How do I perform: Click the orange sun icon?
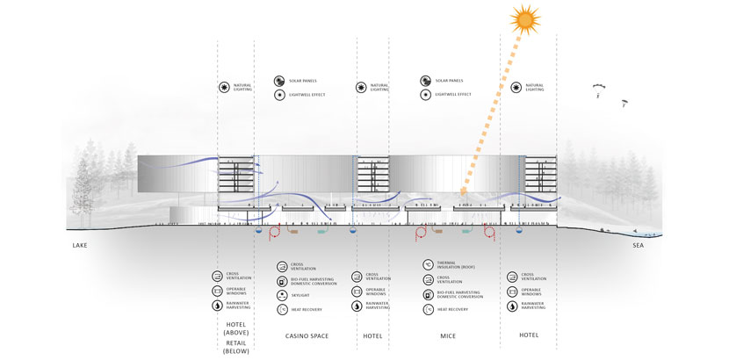pyautogui.click(x=526, y=18)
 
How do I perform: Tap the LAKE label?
pyautogui.click(x=81, y=246)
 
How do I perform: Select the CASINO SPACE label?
pyautogui.click(x=307, y=335)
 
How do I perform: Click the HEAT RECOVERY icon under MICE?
pyautogui.click(x=428, y=309)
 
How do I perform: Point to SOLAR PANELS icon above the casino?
pyautogui.click(x=279, y=79)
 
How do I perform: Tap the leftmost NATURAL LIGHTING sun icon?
pyautogui.click(x=224, y=87)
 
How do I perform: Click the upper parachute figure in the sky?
pyautogui.click(x=597, y=89)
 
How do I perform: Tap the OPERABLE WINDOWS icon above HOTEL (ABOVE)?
pyautogui.click(x=218, y=291)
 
